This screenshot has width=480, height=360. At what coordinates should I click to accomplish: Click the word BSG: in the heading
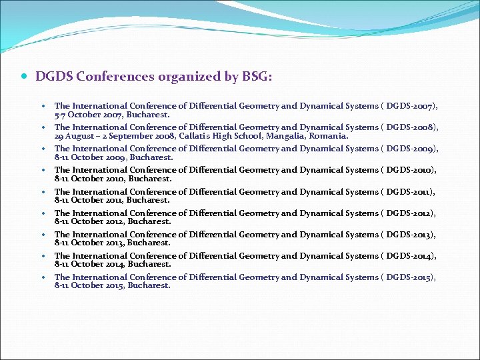point(257,77)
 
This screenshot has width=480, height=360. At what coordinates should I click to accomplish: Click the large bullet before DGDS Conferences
point(25,77)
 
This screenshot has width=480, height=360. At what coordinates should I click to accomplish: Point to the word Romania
point(328,136)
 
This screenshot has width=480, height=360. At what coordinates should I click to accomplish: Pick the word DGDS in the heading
point(54,77)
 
